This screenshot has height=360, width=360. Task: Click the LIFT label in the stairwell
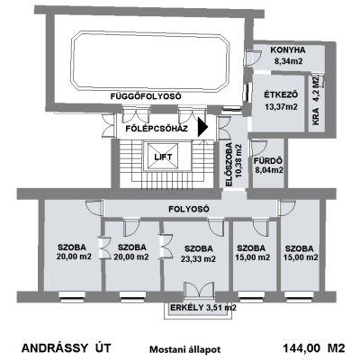click(x=163, y=157)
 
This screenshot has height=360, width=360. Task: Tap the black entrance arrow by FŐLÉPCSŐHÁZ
click(x=202, y=127)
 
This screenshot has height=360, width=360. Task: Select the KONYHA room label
click(x=288, y=50)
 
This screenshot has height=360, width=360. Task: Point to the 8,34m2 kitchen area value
click(x=288, y=61)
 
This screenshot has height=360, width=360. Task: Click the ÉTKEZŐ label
click(x=281, y=95)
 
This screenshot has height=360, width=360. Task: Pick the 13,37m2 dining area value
click(x=282, y=106)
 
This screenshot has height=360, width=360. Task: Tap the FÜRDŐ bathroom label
click(x=268, y=161)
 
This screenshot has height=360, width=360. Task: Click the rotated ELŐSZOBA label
click(x=229, y=165)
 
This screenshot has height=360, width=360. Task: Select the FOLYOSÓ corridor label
click(x=189, y=209)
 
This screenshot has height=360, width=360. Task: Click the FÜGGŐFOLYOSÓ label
click(x=146, y=96)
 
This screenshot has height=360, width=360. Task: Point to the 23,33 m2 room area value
click(x=198, y=259)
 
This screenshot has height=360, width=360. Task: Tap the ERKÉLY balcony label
click(x=187, y=308)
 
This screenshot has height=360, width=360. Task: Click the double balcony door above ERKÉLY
click(x=199, y=290)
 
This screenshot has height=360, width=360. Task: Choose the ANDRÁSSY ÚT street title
click(x=67, y=348)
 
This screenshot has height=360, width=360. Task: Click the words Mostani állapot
click(x=185, y=349)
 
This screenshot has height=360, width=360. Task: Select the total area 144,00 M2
click(x=314, y=348)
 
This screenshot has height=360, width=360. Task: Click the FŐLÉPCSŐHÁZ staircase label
click(x=157, y=129)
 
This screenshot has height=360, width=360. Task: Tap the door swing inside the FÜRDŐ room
click(x=258, y=147)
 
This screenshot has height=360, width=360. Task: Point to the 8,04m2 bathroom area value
click(x=269, y=170)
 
